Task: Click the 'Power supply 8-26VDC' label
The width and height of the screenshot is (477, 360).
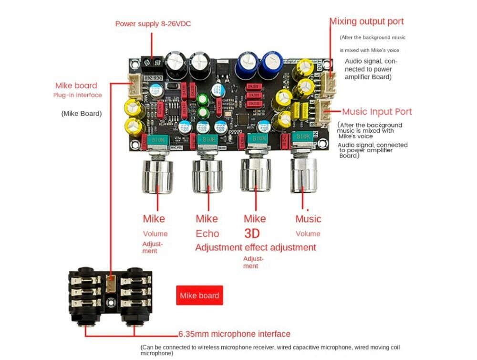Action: point(153,23)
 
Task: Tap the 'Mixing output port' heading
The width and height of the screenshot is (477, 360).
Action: point(367,21)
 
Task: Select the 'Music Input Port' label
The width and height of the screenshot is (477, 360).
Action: point(377,112)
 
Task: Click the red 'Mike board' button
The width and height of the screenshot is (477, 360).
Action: point(199,296)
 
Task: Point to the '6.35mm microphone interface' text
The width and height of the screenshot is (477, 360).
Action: point(234,334)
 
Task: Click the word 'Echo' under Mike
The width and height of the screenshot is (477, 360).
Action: point(207,233)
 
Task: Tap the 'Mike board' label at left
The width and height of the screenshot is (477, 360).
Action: point(76,86)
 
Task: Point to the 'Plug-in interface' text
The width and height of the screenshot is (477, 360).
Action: point(77,95)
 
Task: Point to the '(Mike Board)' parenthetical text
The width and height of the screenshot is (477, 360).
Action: point(81,114)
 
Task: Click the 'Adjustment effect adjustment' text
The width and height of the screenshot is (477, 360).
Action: point(255,247)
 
